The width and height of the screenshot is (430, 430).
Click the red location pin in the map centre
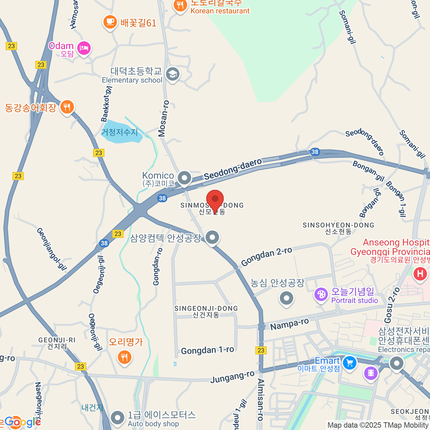pos(215,199)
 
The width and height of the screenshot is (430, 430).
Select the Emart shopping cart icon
pos(349,363)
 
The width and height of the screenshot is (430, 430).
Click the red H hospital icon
pos(420,274)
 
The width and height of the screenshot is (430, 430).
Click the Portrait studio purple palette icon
pos(321,295)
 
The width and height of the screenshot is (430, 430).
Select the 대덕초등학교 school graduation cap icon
pos(173,74)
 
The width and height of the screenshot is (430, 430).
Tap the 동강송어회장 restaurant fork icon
pos(67,106)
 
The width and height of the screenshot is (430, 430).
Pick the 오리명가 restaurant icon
pos(124,357)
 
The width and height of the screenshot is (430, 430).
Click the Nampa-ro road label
pos(290,324)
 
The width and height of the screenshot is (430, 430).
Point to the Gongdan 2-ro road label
pos(267,257)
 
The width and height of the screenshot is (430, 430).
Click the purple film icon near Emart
pos(371,374)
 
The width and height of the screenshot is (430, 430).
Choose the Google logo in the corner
pos(22,422)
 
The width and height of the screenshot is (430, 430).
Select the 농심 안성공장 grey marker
pos(286,298)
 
